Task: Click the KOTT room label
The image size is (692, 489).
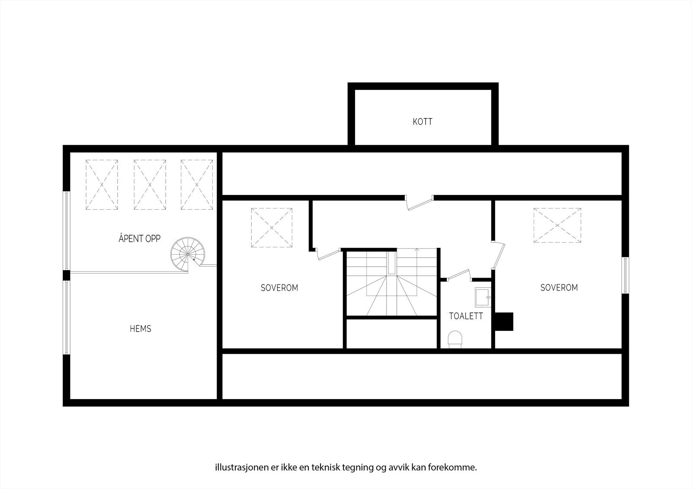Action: pos(423,121)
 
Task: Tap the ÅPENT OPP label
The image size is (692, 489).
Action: pos(139,238)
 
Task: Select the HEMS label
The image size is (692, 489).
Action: pos(141,329)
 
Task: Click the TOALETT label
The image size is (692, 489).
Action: pos(466,316)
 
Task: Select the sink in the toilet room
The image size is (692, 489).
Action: pos(482,297)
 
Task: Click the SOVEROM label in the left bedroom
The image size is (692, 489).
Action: pos(279,288)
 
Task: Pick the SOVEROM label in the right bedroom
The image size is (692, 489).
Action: pos(559,288)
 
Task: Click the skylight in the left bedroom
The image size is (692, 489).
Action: pos(272,227)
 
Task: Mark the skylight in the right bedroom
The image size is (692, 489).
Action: pos(557,226)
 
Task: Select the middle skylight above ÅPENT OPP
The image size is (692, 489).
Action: pos(150,185)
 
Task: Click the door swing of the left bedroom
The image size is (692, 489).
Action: pos(328,254)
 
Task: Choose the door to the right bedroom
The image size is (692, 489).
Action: pos(500,256)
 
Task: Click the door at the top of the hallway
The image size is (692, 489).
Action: pos(420,203)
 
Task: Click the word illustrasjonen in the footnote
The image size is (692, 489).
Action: pos(236,468)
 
